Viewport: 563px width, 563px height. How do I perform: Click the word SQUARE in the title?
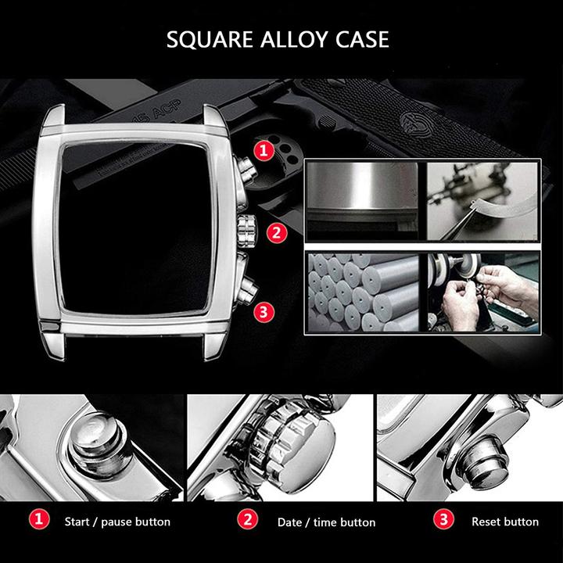click(x=210, y=40)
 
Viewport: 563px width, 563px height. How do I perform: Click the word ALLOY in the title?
click(x=294, y=40)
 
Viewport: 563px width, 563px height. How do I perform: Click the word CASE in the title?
click(x=362, y=40)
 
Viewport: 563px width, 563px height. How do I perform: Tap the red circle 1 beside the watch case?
click(x=264, y=150)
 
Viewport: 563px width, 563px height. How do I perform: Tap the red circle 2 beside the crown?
click(x=277, y=233)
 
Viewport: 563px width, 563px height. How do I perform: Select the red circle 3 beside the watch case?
click(x=264, y=312)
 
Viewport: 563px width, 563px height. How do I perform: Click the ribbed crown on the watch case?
click(x=246, y=231)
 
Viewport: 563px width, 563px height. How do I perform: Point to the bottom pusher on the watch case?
click(x=248, y=289)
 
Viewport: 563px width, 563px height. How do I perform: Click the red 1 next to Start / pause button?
click(x=39, y=519)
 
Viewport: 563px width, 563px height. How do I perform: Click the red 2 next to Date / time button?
click(x=248, y=519)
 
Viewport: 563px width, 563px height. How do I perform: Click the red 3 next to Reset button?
click(x=444, y=519)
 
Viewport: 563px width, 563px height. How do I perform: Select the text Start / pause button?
click(x=117, y=522)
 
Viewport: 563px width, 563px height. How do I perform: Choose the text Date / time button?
click(x=326, y=522)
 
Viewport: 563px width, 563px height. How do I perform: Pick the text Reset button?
click(x=505, y=522)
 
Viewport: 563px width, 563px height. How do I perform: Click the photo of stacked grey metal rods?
click(x=364, y=292)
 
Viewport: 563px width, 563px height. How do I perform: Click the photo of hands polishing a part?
click(x=483, y=292)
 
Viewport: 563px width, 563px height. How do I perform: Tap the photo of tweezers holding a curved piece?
click(x=482, y=201)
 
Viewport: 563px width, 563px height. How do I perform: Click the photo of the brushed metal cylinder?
click(x=363, y=201)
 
